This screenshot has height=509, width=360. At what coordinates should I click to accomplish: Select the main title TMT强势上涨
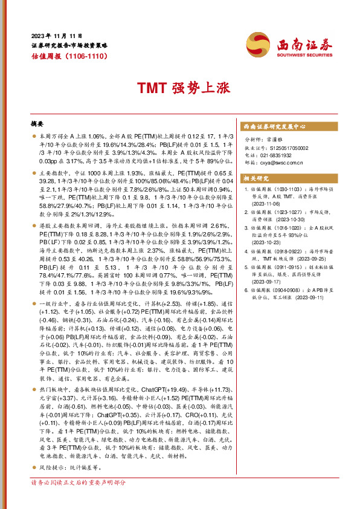pyautogui.click(x=179, y=88)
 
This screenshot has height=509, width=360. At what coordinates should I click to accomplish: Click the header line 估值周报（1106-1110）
pyautogui.click(x=69, y=56)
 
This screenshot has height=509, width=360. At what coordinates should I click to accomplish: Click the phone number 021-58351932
pyautogui.click(x=278, y=155)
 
